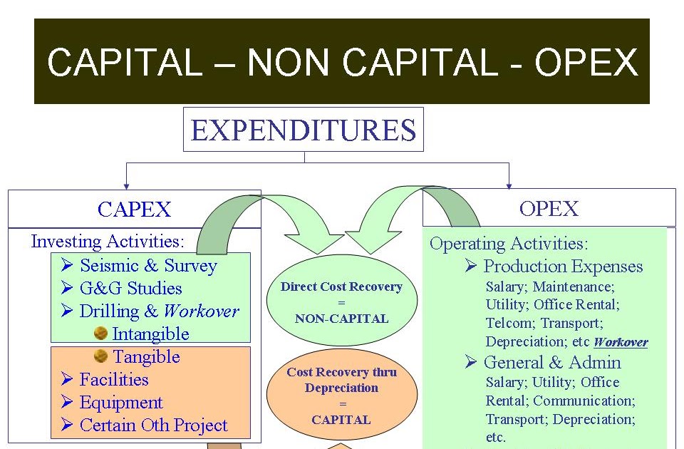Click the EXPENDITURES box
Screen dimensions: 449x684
coord(304,130)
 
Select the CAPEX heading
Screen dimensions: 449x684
coord(135,210)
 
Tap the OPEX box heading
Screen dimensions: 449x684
coord(549,209)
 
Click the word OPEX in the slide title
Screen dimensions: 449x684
coord(586,63)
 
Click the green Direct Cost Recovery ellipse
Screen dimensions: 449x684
coord(341,302)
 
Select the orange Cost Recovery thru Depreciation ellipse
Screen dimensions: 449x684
coord(341,396)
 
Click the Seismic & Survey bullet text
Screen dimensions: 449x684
coord(148,266)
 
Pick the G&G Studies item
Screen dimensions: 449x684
coord(131,289)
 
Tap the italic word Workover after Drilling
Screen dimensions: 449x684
coord(201,311)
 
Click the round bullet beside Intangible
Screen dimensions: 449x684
coord(101,334)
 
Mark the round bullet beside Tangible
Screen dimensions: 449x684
coord(101,356)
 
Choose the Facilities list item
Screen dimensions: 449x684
coord(114,379)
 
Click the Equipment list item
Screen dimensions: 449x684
coord(121,402)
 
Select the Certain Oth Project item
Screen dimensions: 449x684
coord(153,425)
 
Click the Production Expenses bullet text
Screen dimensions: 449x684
coord(563,267)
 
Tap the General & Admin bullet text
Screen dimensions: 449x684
coord(552,362)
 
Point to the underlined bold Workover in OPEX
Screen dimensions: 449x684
coord(621,342)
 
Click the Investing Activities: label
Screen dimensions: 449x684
coord(108,241)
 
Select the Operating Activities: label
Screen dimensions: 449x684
coord(509,244)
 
